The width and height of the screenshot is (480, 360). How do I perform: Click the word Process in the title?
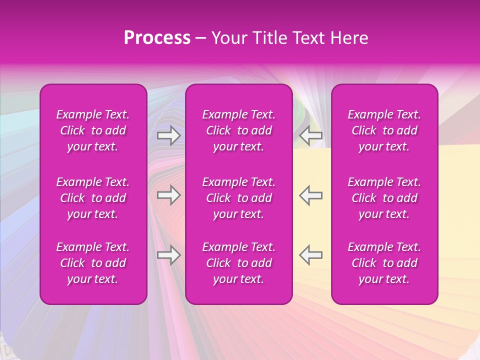coord(157,38)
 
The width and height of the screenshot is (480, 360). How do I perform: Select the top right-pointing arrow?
coord(169,135)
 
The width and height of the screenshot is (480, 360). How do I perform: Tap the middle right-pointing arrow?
coord(169,195)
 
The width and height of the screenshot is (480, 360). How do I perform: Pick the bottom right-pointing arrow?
coord(169,255)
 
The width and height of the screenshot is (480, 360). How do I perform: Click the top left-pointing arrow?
coord(310,135)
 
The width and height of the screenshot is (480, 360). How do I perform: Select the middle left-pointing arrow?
coord(310,195)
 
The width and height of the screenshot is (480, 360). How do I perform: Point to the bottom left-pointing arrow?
coord(310,255)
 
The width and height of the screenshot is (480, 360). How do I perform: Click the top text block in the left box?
coord(93,130)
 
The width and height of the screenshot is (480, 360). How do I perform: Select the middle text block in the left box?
coord(93,198)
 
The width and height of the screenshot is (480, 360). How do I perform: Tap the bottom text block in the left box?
coord(93,263)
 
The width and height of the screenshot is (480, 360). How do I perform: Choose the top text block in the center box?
coord(239,130)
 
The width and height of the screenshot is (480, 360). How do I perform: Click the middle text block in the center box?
coord(239,198)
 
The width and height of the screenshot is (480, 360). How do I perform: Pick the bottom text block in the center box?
coord(239,263)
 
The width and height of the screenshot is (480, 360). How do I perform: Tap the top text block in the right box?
coord(384,130)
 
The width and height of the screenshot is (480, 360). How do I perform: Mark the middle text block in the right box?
coord(384,198)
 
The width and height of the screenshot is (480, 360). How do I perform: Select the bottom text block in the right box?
coord(384,263)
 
